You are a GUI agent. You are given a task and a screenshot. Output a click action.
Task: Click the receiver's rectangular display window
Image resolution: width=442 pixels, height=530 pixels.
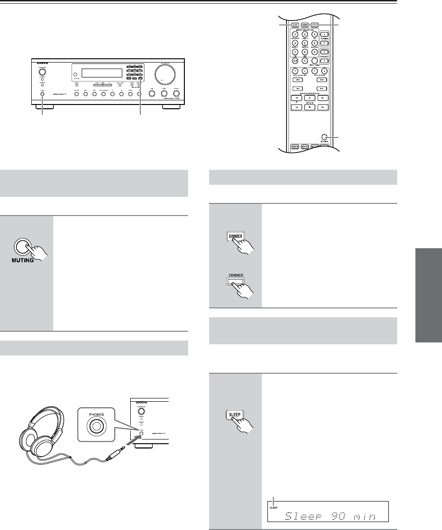[x=98, y=73]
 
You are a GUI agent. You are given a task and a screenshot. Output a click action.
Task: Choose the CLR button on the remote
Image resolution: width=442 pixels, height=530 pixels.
[x=295, y=60]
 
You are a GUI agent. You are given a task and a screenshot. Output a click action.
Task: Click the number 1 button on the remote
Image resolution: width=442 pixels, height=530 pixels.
[x=295, y=34]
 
